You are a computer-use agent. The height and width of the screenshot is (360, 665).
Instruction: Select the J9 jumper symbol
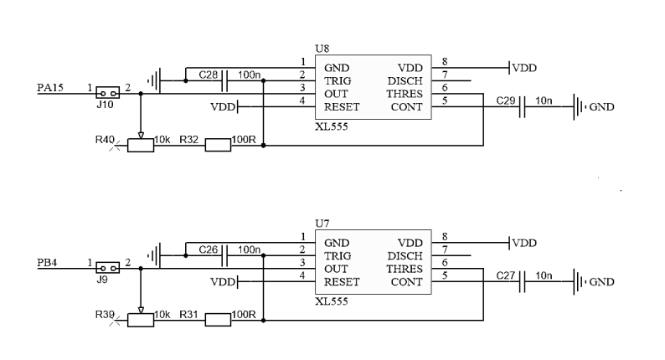point(107,268)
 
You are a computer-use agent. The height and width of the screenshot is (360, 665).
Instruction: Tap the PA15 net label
point(51,87)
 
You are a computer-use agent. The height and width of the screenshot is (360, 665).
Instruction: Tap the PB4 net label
point(49,263)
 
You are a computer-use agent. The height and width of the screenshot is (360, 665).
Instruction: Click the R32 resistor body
point(218,145)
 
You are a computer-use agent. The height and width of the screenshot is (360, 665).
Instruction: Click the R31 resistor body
point(218,319)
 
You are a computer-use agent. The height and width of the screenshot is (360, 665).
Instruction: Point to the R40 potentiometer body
point(141,145)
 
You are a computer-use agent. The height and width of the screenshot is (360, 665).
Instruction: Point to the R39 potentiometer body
point(141,319)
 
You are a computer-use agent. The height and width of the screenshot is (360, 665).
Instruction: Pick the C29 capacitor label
point(506,100)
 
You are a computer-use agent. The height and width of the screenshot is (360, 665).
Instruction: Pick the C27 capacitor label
point(506,275)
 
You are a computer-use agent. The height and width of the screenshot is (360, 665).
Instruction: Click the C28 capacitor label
point(209,75)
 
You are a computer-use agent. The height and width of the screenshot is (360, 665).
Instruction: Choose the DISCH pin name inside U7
point(405,255)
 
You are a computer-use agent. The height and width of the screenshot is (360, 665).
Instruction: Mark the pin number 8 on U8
point(445,62)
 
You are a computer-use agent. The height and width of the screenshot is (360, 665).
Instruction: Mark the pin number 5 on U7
point(445,275)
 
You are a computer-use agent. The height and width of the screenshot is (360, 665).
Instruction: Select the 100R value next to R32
point(244,138)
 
